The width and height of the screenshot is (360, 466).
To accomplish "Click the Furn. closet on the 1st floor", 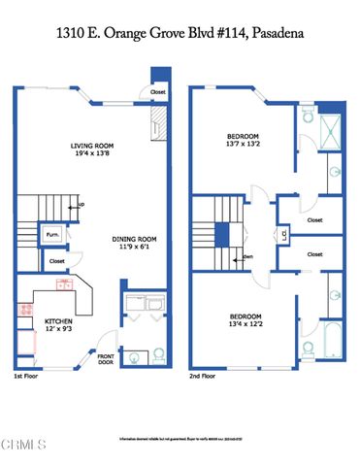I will [x=52, y=234].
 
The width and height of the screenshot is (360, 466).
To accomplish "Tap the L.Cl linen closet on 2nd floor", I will [x=281, y=234].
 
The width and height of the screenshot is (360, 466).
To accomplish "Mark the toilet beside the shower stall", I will [x=307, y=115].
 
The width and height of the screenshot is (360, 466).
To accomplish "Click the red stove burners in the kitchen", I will [x=23, y=311].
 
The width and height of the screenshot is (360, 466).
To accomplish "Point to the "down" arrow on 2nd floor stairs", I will [x=246, y=256].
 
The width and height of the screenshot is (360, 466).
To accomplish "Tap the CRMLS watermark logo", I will [x=24, y=446].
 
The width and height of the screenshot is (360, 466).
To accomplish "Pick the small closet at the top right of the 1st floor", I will [x=158, y=91].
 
